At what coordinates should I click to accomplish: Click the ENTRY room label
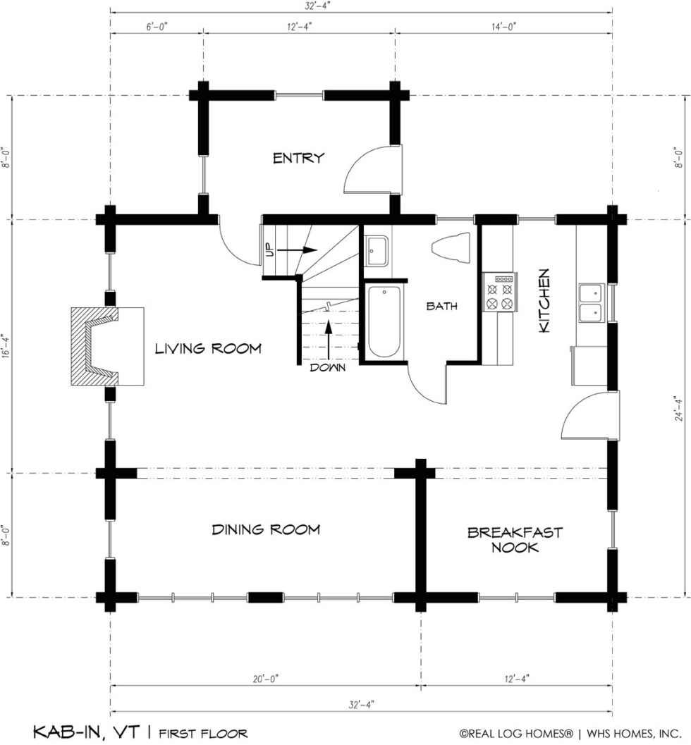298,158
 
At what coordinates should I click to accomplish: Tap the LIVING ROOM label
208,349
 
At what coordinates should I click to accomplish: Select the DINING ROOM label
266,529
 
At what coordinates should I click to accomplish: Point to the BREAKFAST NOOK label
515,540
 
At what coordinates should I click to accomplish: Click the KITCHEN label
544,301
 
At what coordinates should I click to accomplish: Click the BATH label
441,306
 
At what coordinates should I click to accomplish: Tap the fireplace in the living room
107,346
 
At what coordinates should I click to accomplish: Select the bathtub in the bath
384,321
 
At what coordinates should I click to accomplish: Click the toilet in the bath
451,247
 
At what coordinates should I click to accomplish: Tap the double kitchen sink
591,302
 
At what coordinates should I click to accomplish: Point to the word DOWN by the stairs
327,368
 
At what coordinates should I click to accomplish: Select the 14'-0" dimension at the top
503,27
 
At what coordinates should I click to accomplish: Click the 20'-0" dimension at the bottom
265,679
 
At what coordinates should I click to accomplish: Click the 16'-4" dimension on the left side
5,347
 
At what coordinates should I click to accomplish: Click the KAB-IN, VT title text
87,731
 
